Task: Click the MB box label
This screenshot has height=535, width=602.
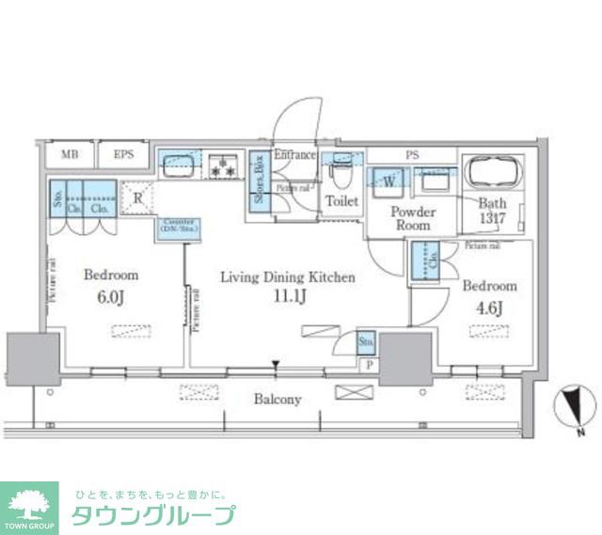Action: [x=70, y=153]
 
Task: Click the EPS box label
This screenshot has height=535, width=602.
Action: [x=123, y=153]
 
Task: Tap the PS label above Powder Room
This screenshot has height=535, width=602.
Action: [x=412, y=155]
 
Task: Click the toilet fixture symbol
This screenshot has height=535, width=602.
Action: [x=340, y=175]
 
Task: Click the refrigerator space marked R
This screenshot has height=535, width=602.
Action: [x=137, y=197]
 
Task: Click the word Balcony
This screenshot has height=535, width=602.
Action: [x=277, y=400]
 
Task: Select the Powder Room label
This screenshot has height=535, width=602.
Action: [x=412, y=219]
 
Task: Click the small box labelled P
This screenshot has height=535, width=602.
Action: [x=369, y=365]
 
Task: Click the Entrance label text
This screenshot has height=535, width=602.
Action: [x=294, y=155]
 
